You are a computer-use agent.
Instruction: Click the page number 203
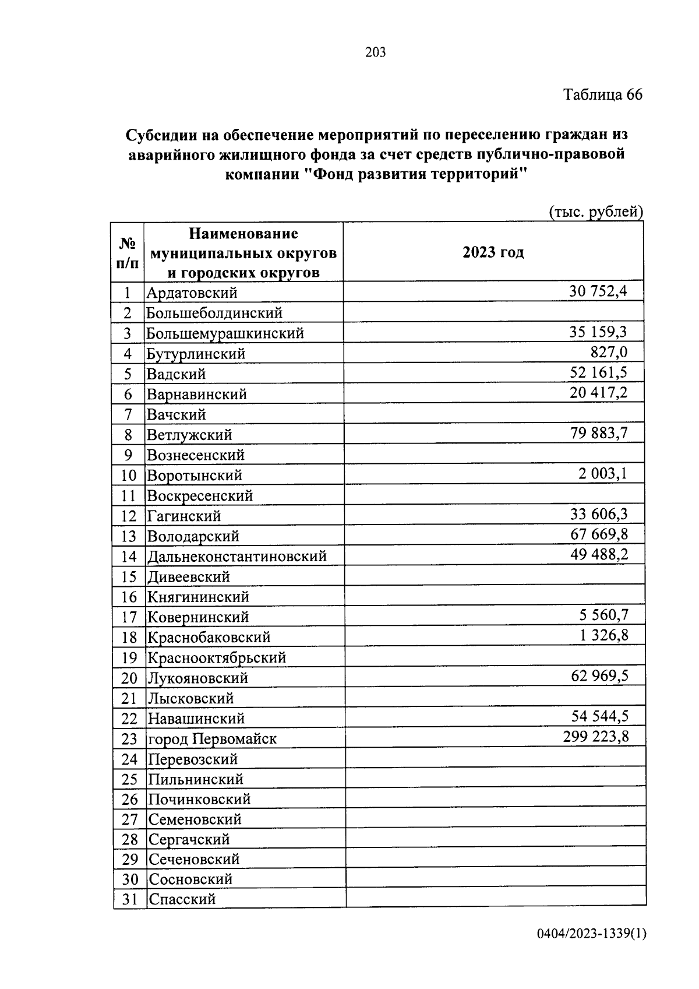point(375,53)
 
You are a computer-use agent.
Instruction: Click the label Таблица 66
point(602,94)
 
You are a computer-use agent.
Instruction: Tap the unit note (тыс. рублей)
point(595,212)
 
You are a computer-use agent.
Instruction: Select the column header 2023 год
point(493,252)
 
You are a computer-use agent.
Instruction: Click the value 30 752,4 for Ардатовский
point(598,291)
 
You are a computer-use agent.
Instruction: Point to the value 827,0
point(609,351)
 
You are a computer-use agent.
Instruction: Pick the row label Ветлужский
point(189,435)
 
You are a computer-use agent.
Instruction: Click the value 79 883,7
point(599,433)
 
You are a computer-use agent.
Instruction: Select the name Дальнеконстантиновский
point(236,557)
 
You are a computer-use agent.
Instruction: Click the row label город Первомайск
point(212,739)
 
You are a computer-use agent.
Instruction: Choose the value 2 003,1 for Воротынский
point(602,473)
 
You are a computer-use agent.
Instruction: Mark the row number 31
point(129,899)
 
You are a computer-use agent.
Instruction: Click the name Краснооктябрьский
point(216,658)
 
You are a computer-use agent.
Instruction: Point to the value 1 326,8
point(604,635)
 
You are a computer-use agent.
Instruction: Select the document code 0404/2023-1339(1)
point(591,951)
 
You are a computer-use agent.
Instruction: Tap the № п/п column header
point(128,252)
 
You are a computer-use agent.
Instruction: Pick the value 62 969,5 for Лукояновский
point(599,676)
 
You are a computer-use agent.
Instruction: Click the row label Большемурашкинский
point(225,333)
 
